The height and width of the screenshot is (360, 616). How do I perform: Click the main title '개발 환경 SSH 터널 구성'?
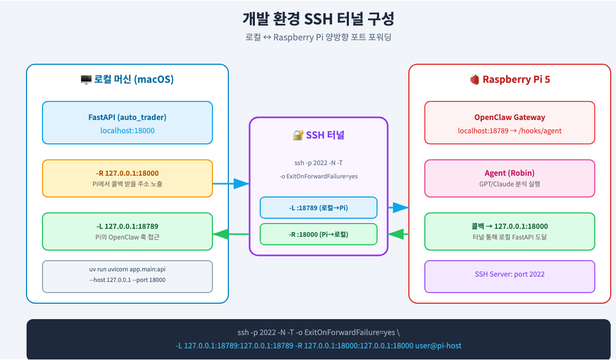318,20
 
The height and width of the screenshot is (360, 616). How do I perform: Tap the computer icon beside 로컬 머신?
85,80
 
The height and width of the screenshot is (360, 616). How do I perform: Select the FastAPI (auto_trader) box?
127,123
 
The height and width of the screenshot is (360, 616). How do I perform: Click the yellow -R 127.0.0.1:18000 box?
127,178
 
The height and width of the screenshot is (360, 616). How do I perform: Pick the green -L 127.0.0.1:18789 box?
127,231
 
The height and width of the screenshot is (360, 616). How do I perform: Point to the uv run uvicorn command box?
127,276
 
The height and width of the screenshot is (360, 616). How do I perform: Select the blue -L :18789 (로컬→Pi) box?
319,208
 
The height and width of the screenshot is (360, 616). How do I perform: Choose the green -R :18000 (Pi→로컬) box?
319,234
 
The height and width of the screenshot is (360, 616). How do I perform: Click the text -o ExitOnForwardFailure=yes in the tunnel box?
319,176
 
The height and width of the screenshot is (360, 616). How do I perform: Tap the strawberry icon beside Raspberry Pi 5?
474,80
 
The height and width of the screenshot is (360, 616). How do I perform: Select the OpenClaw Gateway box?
510,123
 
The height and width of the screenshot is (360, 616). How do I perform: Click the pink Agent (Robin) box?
510,178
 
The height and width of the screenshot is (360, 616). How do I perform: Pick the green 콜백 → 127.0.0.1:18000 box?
510,231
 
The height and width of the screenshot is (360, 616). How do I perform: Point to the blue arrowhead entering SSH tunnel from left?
242,184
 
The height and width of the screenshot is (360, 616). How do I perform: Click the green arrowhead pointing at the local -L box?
220,234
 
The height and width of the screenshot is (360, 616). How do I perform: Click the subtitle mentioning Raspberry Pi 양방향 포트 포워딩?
318,38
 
